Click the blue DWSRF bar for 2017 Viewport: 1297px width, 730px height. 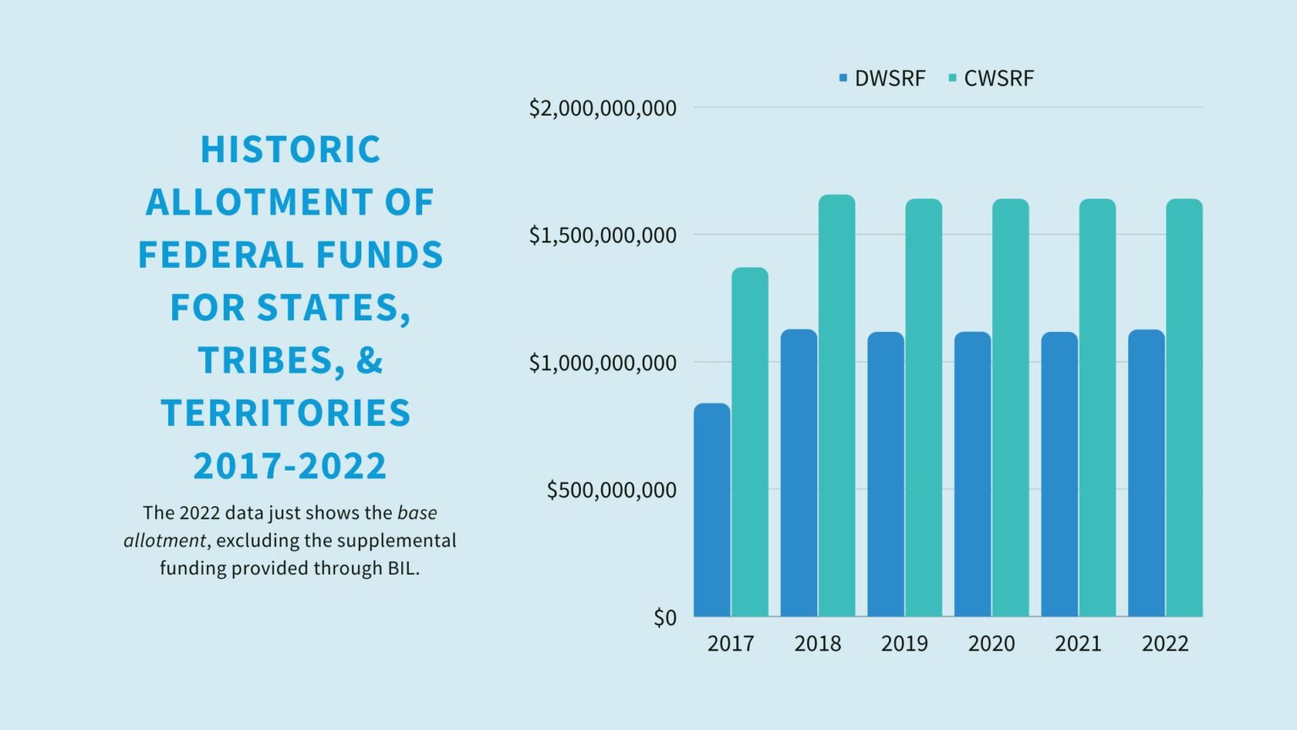point(712,509)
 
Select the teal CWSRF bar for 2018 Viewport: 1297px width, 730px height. point(837,406)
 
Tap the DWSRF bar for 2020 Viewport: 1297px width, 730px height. point(973,474)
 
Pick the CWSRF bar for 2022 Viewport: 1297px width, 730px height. point(1184,407)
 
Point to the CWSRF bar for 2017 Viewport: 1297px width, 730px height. point(750,442)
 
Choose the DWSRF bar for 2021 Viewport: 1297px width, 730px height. point(1060,474)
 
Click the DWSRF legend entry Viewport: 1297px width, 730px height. point(882,79)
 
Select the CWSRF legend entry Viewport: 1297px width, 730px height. point(991,79)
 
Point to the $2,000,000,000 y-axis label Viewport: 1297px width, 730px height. point(603,108)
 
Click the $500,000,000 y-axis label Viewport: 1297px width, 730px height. point(611,490)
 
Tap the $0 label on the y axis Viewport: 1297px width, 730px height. point(665,618)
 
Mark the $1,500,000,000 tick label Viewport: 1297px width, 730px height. point(603,236)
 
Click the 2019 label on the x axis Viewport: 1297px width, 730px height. point(904,644)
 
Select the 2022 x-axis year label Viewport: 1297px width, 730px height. point(1165,644)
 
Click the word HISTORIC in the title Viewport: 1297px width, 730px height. point(290,150)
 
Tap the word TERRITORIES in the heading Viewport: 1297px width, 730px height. point(286,413)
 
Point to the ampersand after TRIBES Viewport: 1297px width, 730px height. point(370,360)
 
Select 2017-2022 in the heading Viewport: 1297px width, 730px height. point(290,466)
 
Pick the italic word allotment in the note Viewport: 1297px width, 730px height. point(165,541)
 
